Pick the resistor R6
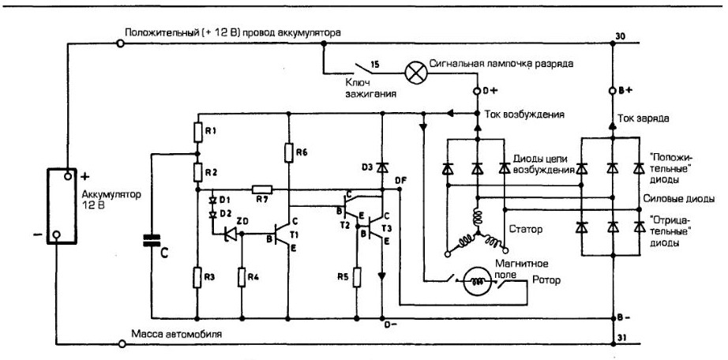coord(289,150)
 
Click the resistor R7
coord(261,190)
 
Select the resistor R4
coord(242,278)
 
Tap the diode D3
coord(381,167)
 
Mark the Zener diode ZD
coord(231,233)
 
